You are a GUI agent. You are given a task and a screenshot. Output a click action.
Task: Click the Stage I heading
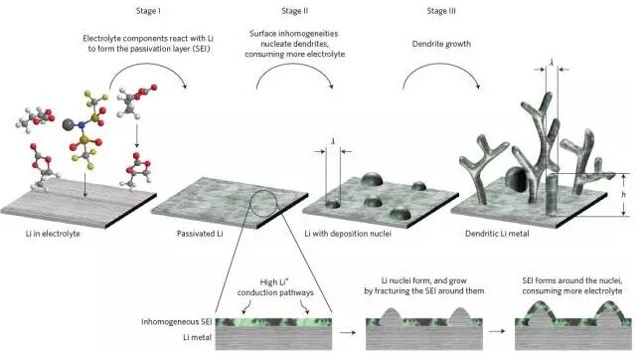(148, 11)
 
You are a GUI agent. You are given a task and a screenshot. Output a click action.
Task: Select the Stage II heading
(294, 11)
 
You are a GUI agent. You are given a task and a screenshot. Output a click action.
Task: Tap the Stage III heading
(441, 11)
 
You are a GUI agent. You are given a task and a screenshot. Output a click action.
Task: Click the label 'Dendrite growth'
(441, 44)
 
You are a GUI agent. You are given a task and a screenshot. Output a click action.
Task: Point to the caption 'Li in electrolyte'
(53, 234)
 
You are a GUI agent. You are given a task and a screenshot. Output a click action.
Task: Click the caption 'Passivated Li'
(200, 234)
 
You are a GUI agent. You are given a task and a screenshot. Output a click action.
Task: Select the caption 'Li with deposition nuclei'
(348, 234)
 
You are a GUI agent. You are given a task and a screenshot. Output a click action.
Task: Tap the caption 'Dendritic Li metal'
(497, 234)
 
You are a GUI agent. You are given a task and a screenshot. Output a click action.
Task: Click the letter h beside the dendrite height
(623, 194)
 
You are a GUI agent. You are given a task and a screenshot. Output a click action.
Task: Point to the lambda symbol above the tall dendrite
(552, 62)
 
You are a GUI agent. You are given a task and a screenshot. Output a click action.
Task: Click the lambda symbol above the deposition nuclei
(333, 141)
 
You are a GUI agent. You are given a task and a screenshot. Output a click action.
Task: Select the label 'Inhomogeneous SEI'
(176, 321)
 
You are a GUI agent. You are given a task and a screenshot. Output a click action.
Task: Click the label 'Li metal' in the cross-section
(197, 337)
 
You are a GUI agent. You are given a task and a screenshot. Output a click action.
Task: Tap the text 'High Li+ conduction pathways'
(275, 287)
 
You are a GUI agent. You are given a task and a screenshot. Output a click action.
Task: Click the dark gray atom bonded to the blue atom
(68, 124)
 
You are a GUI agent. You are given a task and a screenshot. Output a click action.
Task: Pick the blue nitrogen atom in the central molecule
(81, 124)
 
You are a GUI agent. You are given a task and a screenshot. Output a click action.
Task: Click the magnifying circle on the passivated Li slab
(250, 204)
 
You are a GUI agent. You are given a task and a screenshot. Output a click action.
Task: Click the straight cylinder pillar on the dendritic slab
(553, 195)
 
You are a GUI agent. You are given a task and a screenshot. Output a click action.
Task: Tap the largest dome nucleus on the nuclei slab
(372, 179)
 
